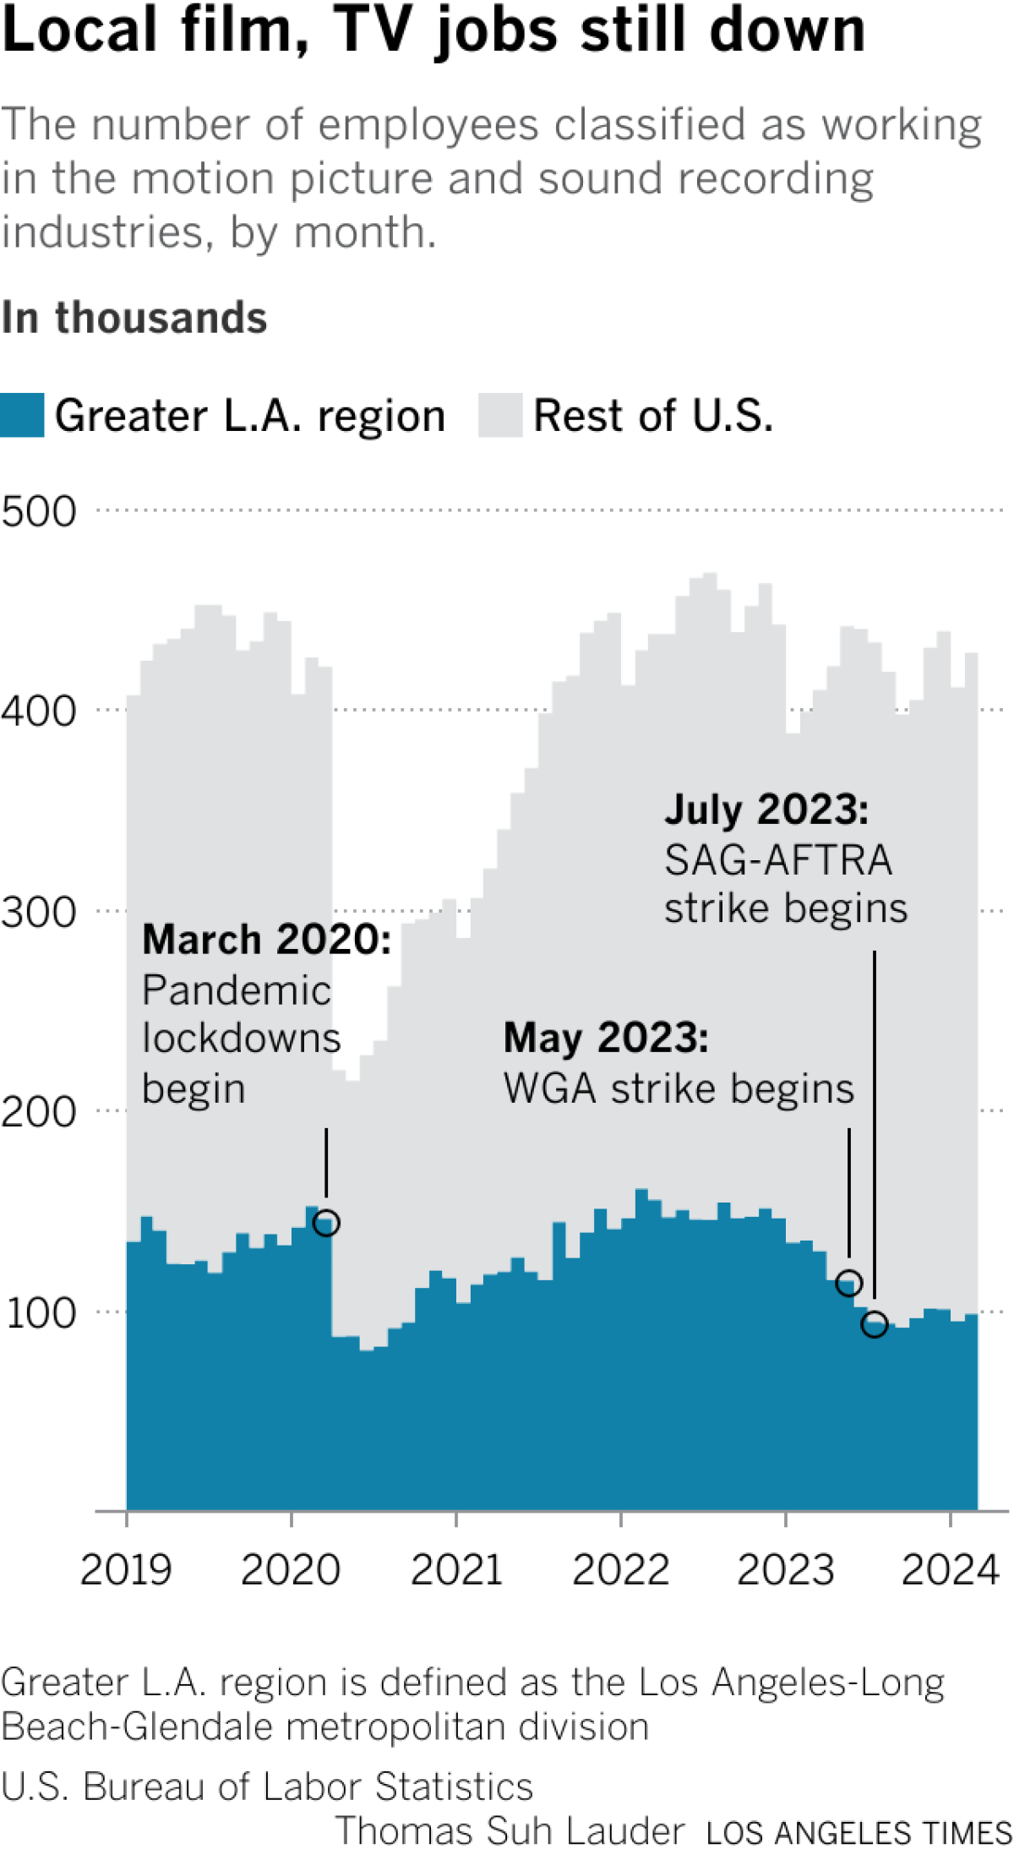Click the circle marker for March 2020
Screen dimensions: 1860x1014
pos(326,1223)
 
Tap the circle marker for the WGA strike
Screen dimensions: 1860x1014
pos(848,1284)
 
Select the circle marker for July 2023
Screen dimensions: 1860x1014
pos(875,1324)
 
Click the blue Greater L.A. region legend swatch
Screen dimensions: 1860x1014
pos(22,415)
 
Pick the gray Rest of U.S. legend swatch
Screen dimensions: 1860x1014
pos(500,415)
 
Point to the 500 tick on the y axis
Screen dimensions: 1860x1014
pos(39,512)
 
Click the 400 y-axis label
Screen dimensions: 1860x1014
pos(39,712)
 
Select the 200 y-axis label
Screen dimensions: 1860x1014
pos(39,1112)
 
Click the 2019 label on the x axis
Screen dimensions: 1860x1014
pos(126,1570)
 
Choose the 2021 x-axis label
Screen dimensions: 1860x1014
pos(456,1570)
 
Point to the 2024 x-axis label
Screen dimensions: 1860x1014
pos(951,1570)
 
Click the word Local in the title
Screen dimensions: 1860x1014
pos(80,30)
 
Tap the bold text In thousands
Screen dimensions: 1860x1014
pos(134,319)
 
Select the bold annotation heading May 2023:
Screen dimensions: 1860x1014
pos(606,1038)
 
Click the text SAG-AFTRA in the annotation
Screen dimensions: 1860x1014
pos(777,860)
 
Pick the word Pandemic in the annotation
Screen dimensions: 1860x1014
pos(237,990)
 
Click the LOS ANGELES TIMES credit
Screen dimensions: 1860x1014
pos(859,1833)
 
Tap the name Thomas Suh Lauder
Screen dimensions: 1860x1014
pos(510,1831)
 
